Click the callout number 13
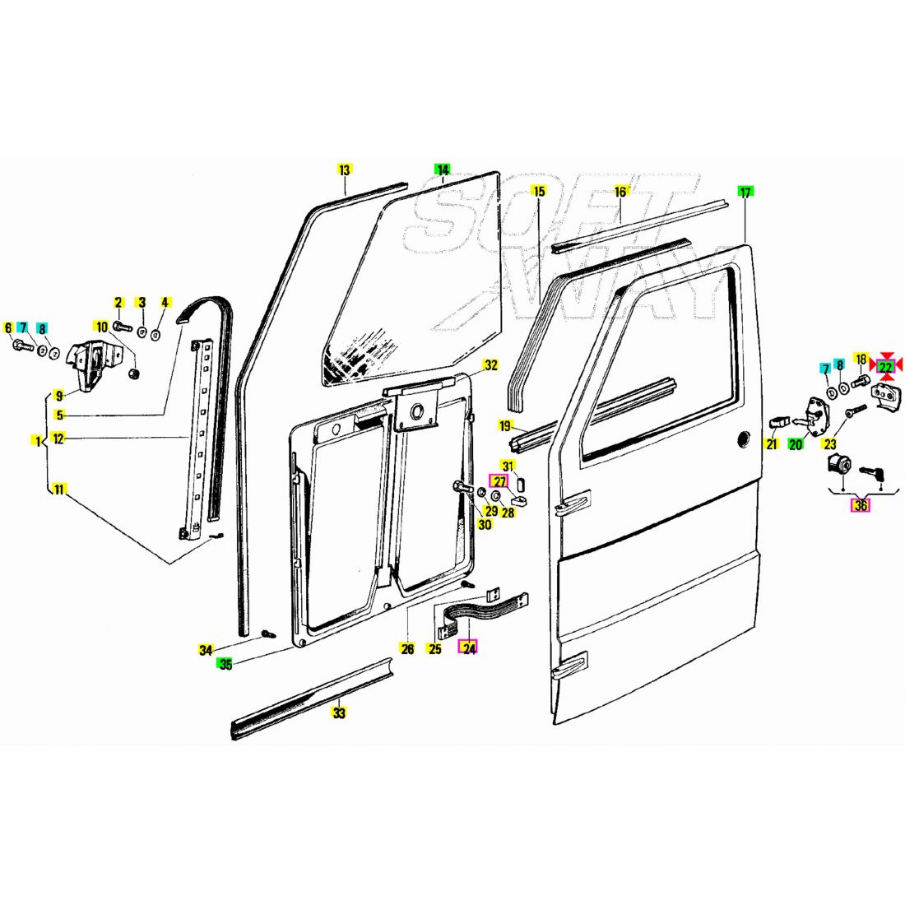pyautogui.click(x=344, y=170)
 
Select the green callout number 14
pyautogui.click(x=443, y=170)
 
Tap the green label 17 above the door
pyautogui.click(x=745, y=193)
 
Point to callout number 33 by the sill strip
pyautogui.click(x=339, y=712)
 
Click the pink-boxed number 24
pyautogui.click(x=469, y=648)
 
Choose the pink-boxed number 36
pyautogui.click(x=860, y=505)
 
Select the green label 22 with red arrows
pyautogui.click(x=885, y=366)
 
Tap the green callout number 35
pyautogui.click(x=225, y=664)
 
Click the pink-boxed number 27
pyautogui.click(x=500, y=482)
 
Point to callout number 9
pyautogui.click(x=59, y=394)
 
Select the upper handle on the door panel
pyautogui.click(x=573, y=502)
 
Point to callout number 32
pyautogui.click(x=490, y=365)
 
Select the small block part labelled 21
pyautogui.click(x=777, y=421)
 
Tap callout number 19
pyautogui.click(x=505, y=425)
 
